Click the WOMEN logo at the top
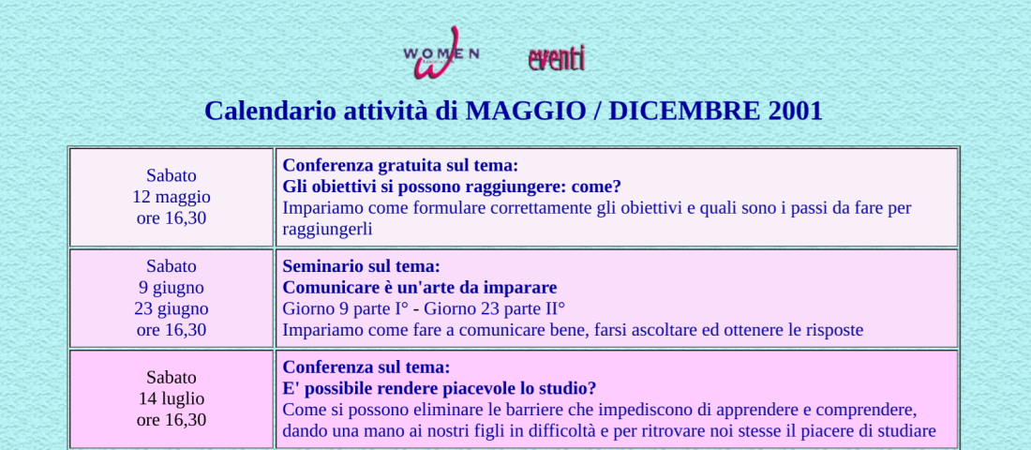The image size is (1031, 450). pyautogui.click(x=441, y=52)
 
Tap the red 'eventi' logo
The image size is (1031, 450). pyautogui.click(x=556, y=58)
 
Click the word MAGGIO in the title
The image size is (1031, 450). pyautogui.click(x=526, y=111)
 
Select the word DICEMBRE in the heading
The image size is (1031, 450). pyautogui.click(x=684, y=111)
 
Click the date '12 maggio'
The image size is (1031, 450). pyautogui.click(x=171, y=197)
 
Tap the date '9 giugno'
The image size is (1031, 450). pyautogui.click(x=171, y=288)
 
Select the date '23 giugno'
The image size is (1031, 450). pyautogui.click(x=171, y=308)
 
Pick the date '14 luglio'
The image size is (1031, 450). pyautogui.click(x=171, y=398)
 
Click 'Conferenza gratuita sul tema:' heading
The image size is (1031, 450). pyautogui.click(x=400, y=165)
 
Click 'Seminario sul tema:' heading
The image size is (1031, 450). pyautogui.click(x=361, y=266)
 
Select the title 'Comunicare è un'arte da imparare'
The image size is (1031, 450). pyautogui.click(x=420, y=288)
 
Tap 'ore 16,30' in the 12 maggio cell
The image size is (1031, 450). pyautogui.click(x=171, y=217)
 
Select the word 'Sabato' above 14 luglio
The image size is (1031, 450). pyautogui.click(x=171, y=378)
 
